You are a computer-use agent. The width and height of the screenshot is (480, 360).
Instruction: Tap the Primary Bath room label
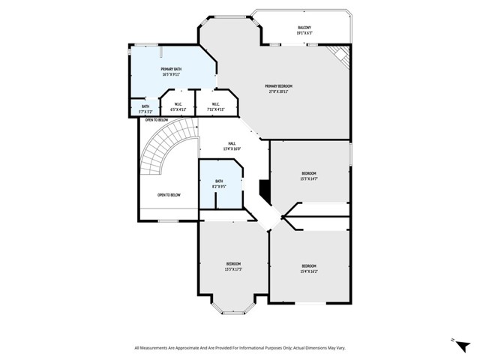[171, 71]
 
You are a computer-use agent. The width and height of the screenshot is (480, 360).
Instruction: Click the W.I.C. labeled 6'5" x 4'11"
[178, 106]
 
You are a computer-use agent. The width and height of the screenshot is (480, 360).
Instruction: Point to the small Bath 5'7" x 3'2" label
[145, 109]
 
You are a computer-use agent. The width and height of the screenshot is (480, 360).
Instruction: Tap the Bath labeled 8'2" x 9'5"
[220, 183]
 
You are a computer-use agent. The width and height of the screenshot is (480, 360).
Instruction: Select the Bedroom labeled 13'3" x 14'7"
[309, 175]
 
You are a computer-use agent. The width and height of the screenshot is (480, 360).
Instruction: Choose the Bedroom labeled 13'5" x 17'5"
[234, 265]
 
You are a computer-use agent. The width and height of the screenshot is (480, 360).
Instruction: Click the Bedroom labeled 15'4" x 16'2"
[309, 268]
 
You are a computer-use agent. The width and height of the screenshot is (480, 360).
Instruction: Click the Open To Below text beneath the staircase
[169, 195]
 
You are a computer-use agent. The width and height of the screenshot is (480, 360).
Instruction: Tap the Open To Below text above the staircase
[156, 120]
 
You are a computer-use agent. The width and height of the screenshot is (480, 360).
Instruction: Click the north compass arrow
[452, 340]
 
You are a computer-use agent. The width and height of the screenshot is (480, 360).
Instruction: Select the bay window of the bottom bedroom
[233, 306]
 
